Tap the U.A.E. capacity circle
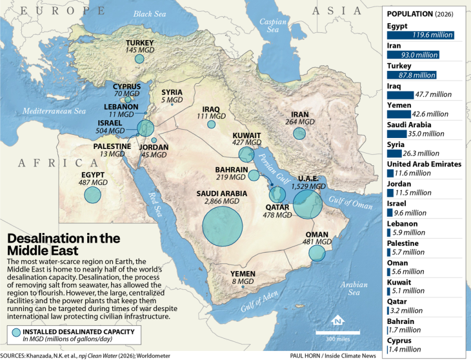(x=308, y=202)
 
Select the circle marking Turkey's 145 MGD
(x=139, y=59)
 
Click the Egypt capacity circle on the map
(x=94, y=195)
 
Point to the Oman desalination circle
(x=317, y=252)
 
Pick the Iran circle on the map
(x=299, y=134)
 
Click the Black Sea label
(x=150, y=14)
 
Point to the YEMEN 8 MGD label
(x=243, y=278)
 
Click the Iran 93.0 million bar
(x=414, y=55)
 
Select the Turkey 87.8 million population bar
(x=412, y=75)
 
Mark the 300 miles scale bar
(x=334, y=333)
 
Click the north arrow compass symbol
(x=336, y=321)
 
